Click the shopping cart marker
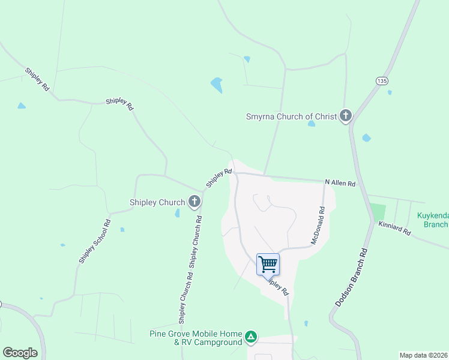tap(268, 264)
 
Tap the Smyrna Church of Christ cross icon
tap(345, 115)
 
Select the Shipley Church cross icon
tap(194, 202)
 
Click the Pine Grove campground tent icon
tap(252, 338)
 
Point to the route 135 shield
tap(381, 80)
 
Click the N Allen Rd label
tap(340, 182)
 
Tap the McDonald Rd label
tap(318, 226)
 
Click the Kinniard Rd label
tap(394, 228)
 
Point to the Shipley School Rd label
tap(95, 241)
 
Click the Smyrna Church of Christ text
tap(292, 116)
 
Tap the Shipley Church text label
tap(157, 202)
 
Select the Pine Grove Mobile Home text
tap(196, 334)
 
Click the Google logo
tap(20, 353)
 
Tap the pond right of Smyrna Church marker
tap(366, 138)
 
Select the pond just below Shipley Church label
tap(178, 213)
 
